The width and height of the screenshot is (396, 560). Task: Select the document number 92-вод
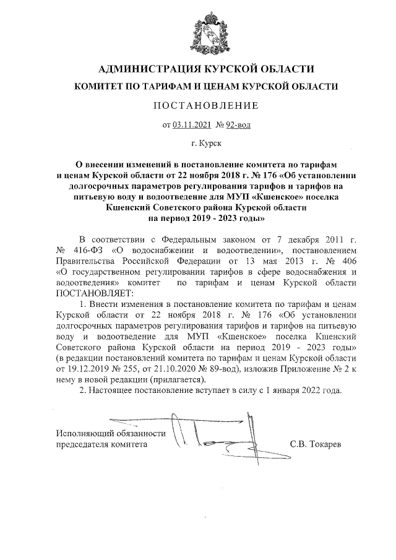(238, 125)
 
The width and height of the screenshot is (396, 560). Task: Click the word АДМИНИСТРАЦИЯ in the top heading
(148, 68)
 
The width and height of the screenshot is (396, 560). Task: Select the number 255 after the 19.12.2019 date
(135, 369)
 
